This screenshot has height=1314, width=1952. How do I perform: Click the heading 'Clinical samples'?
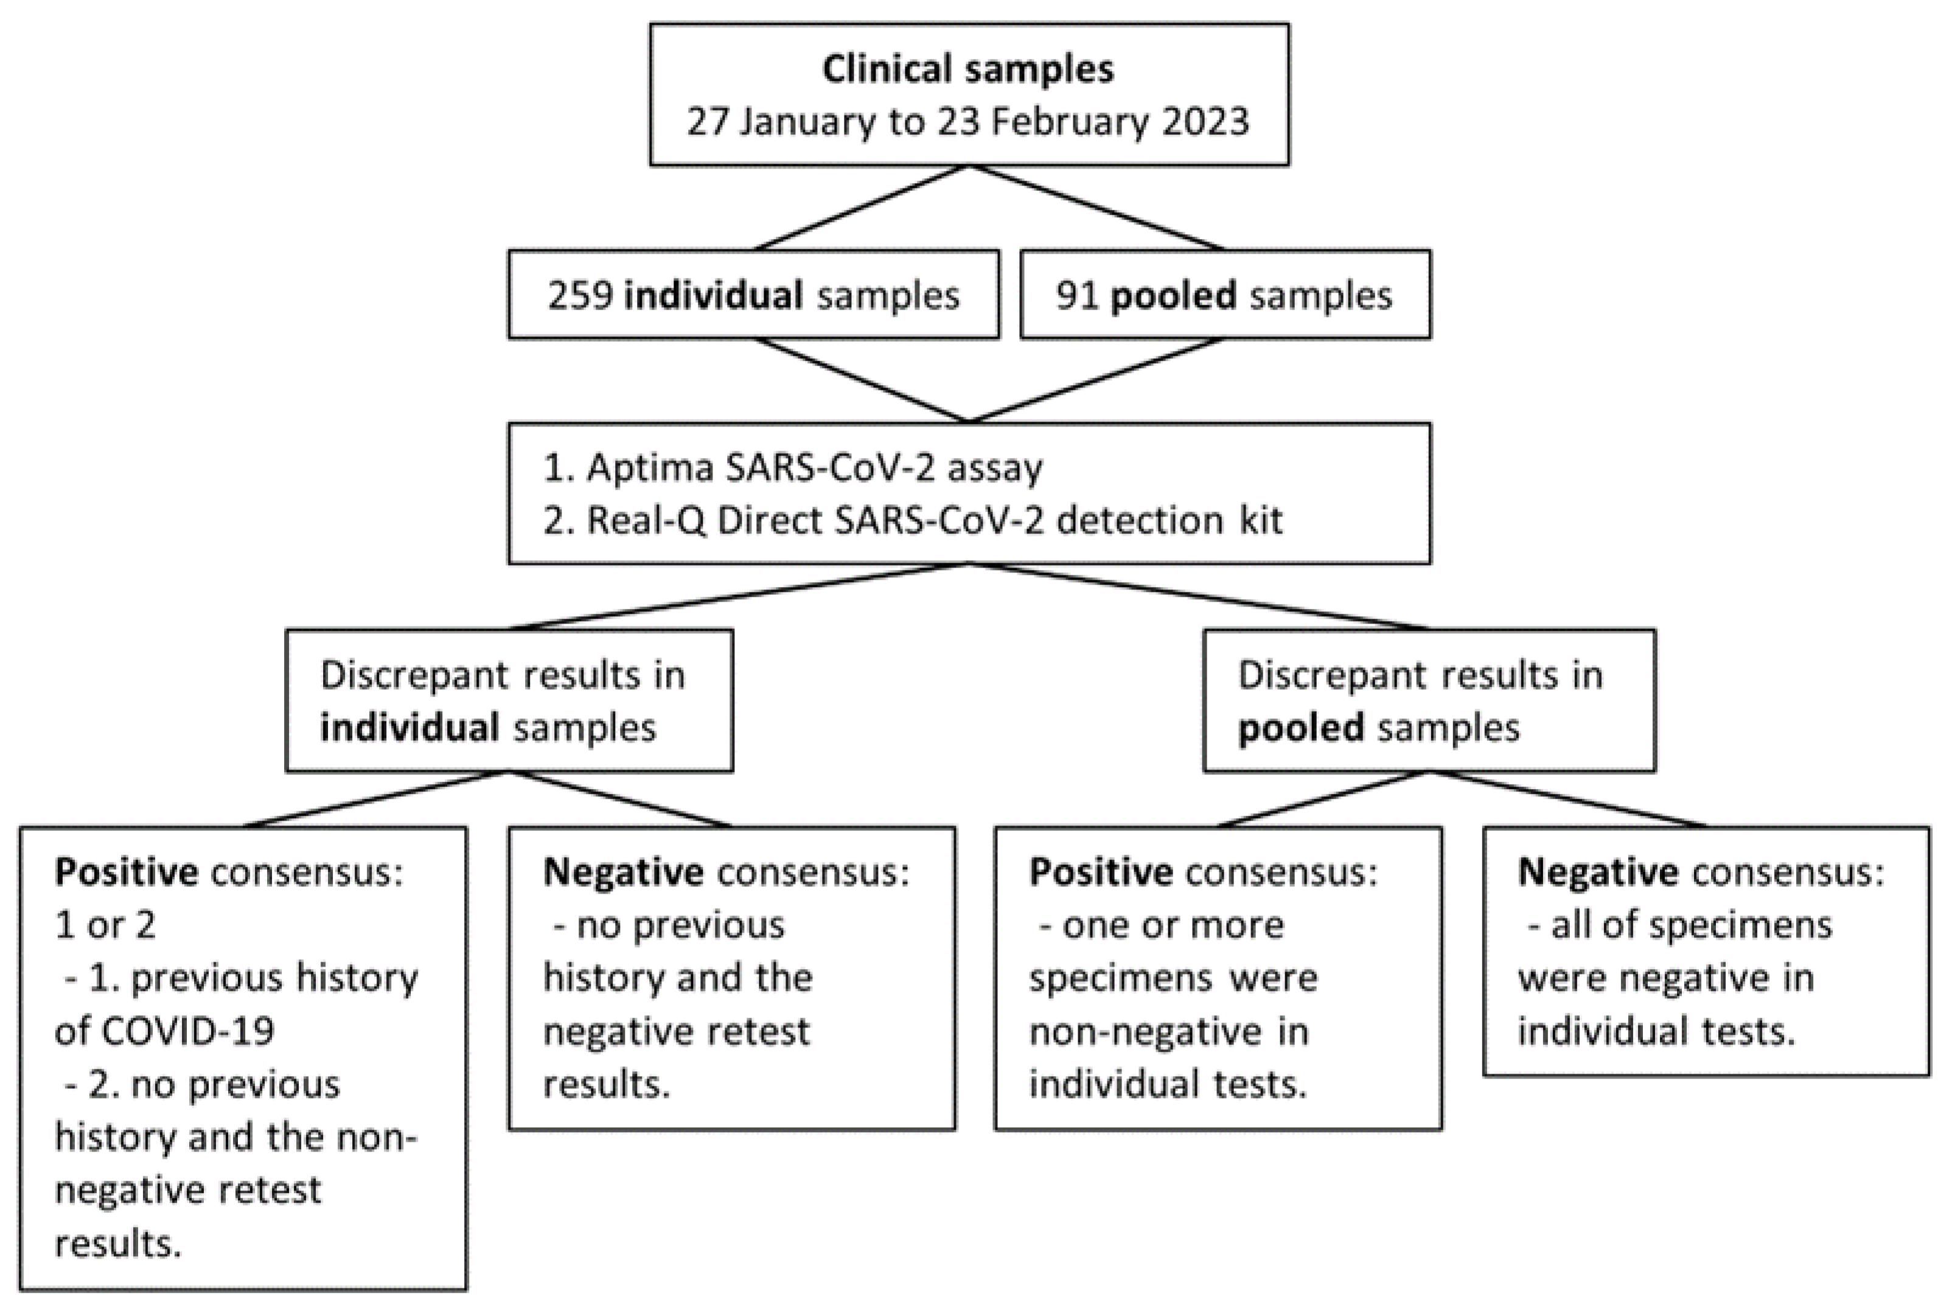tap(967, 69)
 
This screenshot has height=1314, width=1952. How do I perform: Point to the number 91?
tap(1077, 296)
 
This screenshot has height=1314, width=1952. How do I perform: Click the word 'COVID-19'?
tap(164, 1031)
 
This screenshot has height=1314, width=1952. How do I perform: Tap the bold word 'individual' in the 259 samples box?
tap(713, 296)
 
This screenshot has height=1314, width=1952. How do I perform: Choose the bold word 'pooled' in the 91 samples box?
tap(1173, 296)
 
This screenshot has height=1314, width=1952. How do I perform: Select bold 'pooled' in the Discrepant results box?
tap(1300, 728)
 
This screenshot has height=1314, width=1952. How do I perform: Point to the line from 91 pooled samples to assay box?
tap(1096, 380)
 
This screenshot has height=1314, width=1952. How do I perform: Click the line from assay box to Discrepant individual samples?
tap(737, 596)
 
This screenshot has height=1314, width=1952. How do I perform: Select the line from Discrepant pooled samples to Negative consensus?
tap(1567, 799)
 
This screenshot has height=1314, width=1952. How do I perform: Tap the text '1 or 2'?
tap(105, 925)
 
